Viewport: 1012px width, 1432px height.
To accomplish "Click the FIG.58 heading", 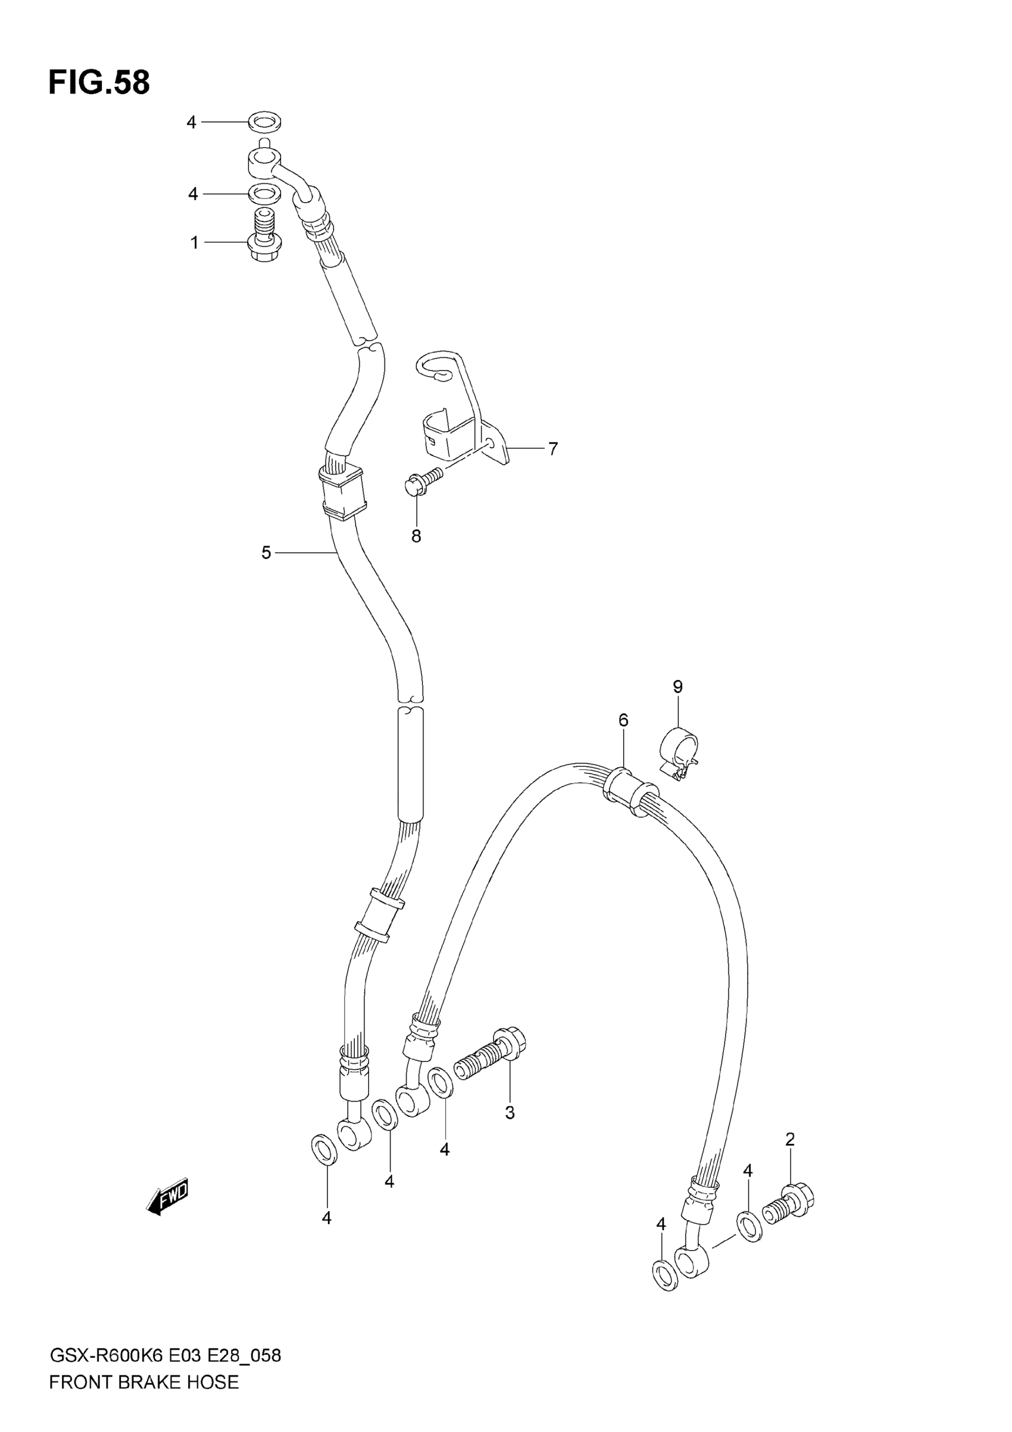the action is click(99, 83).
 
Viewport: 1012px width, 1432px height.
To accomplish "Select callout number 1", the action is click(195, 242).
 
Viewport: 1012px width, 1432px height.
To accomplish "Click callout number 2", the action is click(790, 1140).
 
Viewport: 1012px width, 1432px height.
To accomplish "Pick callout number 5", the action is click(266, 553).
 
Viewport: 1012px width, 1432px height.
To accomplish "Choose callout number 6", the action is click(623, 720).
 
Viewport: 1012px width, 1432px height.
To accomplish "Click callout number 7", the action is click(553, 448).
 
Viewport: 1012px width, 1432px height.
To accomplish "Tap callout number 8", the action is click(416, 536).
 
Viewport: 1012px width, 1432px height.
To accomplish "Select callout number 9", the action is click(678, 687).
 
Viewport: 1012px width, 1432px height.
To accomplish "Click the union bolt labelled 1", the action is click(266, 238).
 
